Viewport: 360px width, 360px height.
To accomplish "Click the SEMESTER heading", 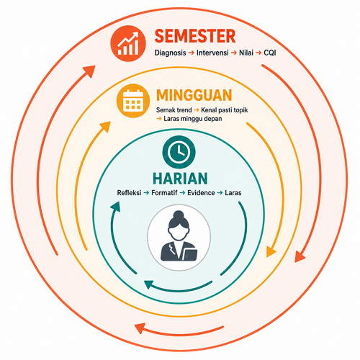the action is coord(195,36).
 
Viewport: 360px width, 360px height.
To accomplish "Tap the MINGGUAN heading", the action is coord(194,95).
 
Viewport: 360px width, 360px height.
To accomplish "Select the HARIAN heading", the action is coord(180,179).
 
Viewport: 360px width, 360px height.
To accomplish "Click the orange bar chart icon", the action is coord(128,43).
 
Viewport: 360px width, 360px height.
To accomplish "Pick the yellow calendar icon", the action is coord(133,101).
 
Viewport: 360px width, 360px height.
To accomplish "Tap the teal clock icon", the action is coord(179,152).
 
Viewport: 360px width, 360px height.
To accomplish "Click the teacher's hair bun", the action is coord(179,215).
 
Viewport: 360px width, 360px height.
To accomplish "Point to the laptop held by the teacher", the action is coord(190,255).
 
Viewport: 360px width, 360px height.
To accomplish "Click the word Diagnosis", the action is coord(170,53).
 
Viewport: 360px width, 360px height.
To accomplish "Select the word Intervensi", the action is coord(212,53).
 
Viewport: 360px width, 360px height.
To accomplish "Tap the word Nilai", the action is coord(246,53).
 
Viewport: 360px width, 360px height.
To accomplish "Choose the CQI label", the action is coord(270,53).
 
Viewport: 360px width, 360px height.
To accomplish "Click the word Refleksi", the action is coord(129,193).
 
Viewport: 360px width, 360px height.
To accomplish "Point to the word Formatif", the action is coord(164,193).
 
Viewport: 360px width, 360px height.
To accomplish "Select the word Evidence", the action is coord(201,193).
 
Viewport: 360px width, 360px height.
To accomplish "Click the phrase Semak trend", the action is coord(174,110).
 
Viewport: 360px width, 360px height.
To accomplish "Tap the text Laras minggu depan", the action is coord(193,119).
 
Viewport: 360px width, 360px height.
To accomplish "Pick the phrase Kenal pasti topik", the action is coord(225,110).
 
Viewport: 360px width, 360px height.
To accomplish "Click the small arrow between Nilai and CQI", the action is coord(258,53).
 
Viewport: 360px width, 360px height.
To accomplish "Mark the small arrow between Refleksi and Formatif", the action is coord(146,193).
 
